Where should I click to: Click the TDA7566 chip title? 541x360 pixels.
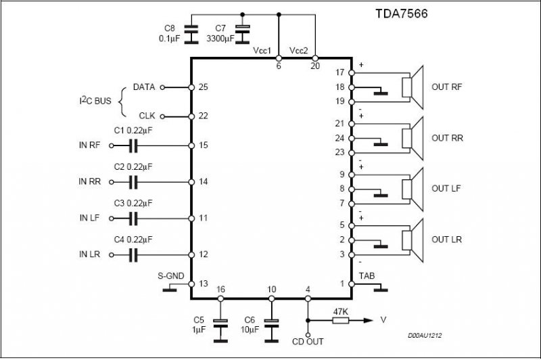(x=401, y=14)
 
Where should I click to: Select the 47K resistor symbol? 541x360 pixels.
(x=341, y=320)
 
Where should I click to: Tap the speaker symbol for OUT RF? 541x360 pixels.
(x=413, y=87)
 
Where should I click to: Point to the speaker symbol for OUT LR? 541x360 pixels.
(x=413, y=240)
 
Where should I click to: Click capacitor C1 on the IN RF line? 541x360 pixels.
(x=133, y=145)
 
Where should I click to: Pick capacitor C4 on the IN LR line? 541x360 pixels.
(x=133, y=255)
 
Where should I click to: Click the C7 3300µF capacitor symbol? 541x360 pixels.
(x=243, y=34)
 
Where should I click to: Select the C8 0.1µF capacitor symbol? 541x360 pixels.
(x=191, y=34)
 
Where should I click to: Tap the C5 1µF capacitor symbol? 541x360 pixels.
(x=220, y=330)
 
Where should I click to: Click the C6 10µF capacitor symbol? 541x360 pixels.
(x=272, y=330)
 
